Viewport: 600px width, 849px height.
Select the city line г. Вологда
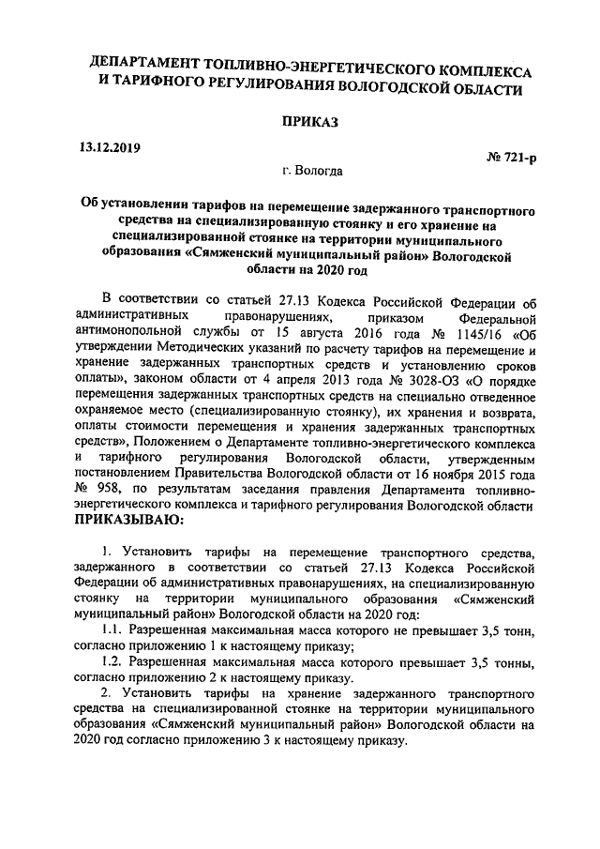tap(312, 172)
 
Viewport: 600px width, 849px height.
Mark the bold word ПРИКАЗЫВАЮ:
tap(130, 519)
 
